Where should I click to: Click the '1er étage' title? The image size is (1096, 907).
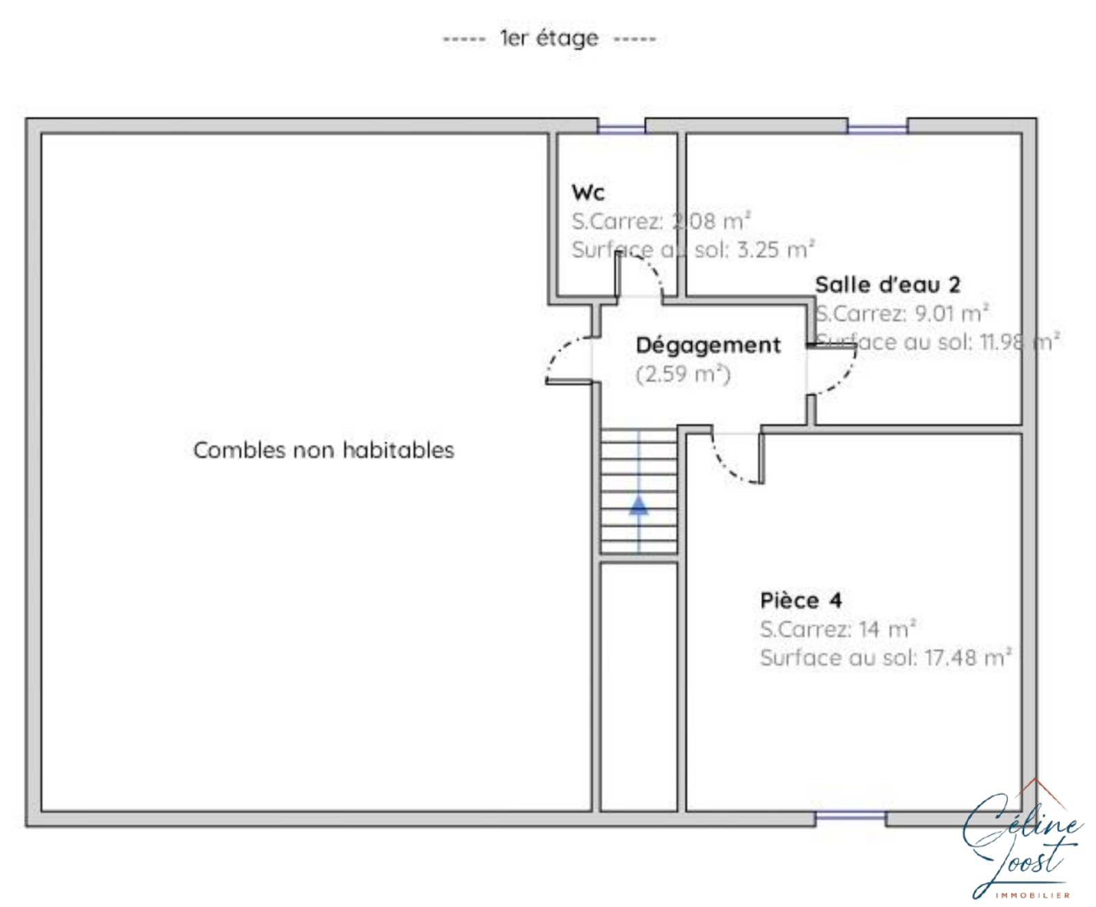tap(549, 38)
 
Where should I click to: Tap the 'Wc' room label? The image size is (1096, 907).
tap(588, 192)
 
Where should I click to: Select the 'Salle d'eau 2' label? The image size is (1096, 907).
tap(887, 285)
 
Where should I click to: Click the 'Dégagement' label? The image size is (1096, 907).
tap(708, 345)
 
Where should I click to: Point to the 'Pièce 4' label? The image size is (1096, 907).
tap(801, 600)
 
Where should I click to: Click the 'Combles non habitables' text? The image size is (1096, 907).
tap(323, 450)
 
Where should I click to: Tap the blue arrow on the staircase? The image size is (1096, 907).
tap(638, 506)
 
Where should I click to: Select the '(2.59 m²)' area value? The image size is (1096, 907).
tap(683, 374)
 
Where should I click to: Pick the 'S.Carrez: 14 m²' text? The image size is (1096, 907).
tap(837, 629)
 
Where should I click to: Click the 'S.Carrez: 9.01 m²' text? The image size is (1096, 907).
tap(901, 314)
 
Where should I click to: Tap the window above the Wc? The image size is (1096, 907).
tap(621, 127)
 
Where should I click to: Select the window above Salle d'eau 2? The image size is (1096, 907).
tap(877, 127)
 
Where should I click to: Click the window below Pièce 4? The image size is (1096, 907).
tap(850, 817)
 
